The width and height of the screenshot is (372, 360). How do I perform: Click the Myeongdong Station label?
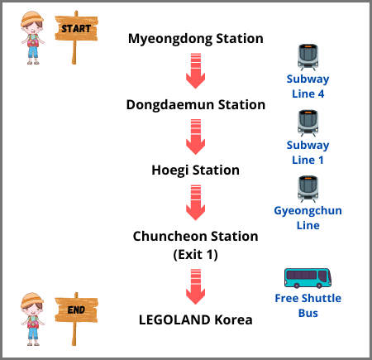coord(196,39)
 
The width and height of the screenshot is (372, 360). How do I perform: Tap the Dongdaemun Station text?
coord(196,105)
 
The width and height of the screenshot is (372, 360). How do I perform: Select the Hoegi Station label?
coord(196,170)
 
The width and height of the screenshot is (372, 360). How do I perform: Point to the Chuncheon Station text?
coord(196,237)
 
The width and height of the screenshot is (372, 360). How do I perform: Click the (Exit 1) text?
coord(196,254)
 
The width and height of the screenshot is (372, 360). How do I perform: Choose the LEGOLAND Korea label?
coord(196,320)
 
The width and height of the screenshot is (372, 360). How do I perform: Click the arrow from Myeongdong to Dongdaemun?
coord(196,71)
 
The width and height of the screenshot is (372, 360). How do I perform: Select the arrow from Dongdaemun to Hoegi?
coord(196,137)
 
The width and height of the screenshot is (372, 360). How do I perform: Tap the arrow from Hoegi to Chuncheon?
coord(196,203)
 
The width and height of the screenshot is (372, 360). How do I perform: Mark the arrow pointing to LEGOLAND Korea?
coord(196,287)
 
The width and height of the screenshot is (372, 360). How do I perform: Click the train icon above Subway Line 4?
coord(308,57)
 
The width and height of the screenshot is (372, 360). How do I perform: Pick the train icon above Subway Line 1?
coord(308,123)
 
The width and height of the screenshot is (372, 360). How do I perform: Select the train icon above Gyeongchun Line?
coord(308,189)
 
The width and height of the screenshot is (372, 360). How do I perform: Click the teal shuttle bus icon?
coord(308,278)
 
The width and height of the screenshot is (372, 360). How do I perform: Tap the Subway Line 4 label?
coord(308,86)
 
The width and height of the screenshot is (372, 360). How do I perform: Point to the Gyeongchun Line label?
coord(308,218)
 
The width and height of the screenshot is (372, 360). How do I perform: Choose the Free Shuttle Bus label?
coord(308,305)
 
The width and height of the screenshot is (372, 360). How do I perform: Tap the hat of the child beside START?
coord(32,19)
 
